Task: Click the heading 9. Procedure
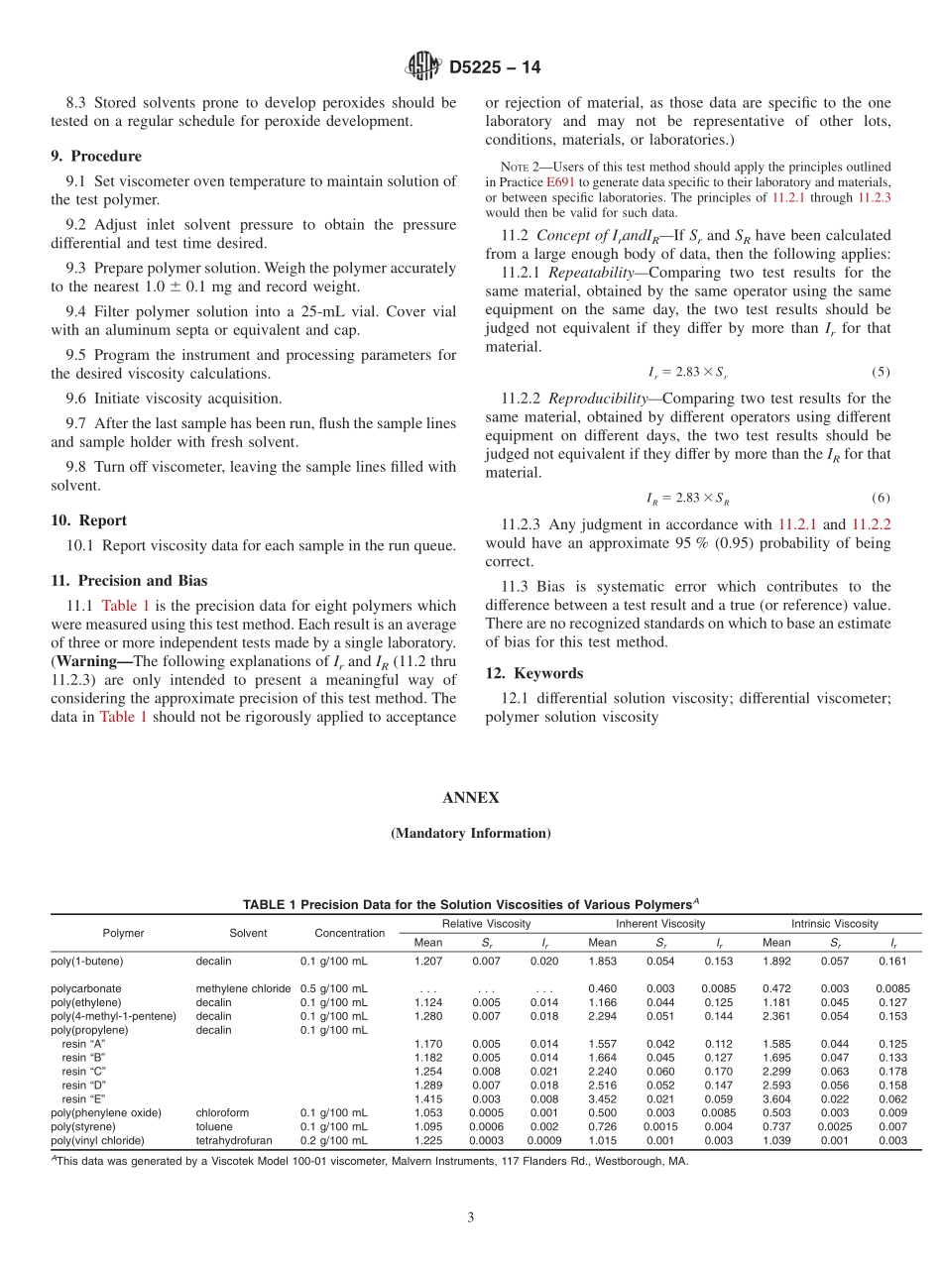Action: pos(96,156)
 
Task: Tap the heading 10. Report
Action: pos(88,520)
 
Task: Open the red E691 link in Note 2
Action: pos(560,182)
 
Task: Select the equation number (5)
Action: pos(881,372)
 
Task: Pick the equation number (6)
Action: pos(881,498)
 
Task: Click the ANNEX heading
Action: pos(471,798)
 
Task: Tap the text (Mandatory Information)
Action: pos(471,834)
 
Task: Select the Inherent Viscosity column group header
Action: pos(660,924)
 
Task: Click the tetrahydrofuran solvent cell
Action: pos(234,1140)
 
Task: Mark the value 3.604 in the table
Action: pos(776,1098)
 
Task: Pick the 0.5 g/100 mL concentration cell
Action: pos(333,988)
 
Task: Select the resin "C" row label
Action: pos(83,1072)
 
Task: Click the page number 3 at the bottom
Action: pos(471,1217)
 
